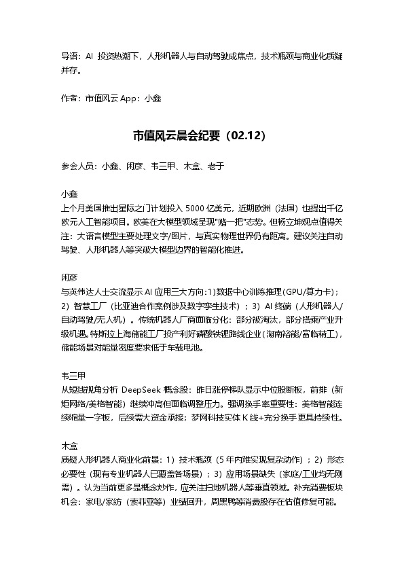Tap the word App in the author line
tap(130, 98)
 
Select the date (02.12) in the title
tap(247, 135)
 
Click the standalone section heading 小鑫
tap(69, 194)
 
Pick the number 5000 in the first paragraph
tap(201, 208)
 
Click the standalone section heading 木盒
tap(69, 448)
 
